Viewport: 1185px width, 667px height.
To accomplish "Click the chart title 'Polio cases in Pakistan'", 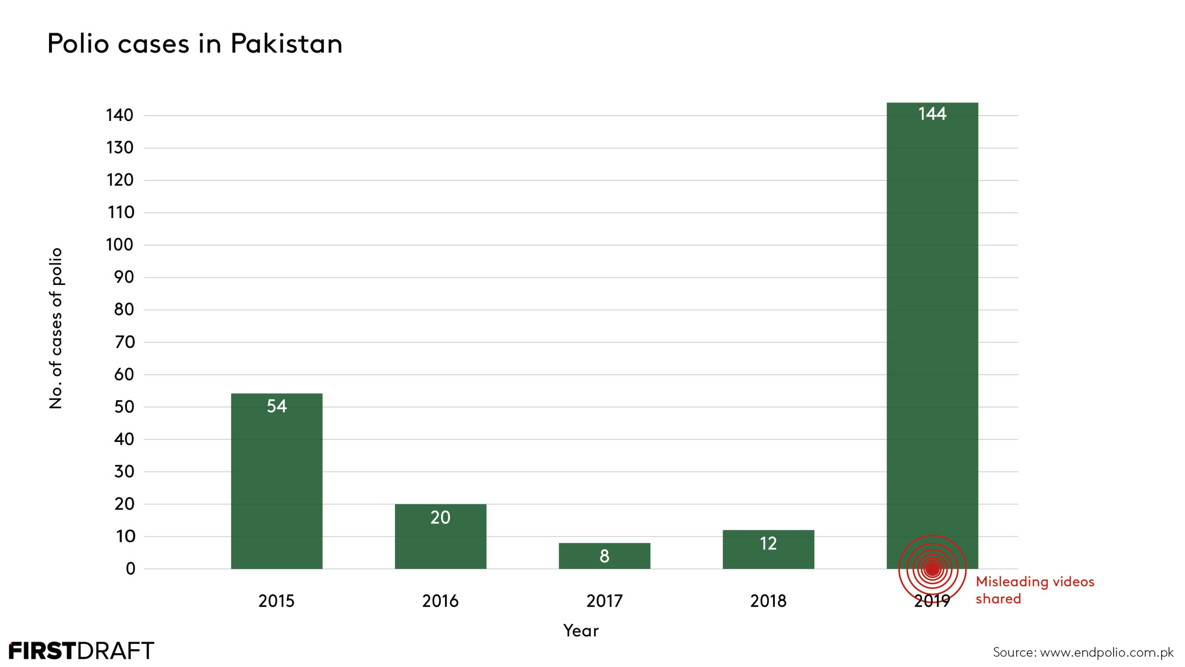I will pos(195,44).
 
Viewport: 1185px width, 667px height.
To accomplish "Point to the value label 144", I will pos(932,114).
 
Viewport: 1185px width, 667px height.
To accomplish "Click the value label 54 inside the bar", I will pos(277,406).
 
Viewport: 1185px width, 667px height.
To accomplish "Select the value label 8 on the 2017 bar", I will pos(604,556).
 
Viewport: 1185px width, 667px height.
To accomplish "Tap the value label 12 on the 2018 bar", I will pos(768,543).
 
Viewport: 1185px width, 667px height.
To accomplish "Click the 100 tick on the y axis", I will pos(120,245).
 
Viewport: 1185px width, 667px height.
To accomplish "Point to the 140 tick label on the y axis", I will pos(120,115).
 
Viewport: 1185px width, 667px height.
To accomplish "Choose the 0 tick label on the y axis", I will pos(131,568).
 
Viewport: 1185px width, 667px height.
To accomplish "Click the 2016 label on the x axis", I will pos(440,601).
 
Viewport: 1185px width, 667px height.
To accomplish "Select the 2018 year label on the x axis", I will pos(768,601).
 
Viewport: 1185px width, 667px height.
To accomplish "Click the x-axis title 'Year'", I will pos(581,630).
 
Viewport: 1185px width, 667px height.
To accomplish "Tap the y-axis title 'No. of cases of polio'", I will pos(56,328).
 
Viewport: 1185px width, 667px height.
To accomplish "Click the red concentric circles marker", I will pos(932,568).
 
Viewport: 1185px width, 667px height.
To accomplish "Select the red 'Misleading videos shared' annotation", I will pos(1035,590).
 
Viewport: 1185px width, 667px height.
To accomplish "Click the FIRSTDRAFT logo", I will pos(81,651).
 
